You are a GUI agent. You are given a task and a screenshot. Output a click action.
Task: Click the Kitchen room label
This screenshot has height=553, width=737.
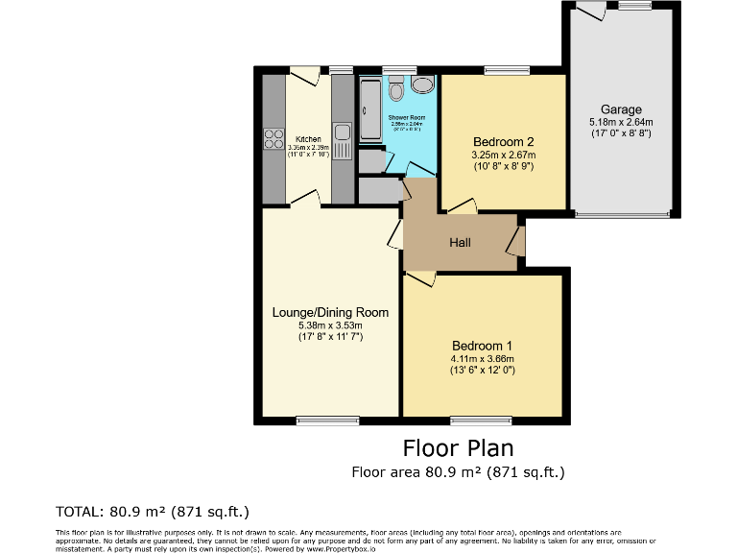coord(308,139)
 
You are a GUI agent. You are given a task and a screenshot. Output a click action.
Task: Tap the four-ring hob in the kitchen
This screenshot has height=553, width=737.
coord(272,138)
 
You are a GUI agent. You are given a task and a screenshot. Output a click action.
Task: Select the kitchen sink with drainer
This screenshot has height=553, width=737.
coord(342,136)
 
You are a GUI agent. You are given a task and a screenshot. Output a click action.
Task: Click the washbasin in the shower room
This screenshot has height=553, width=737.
coord(421,84)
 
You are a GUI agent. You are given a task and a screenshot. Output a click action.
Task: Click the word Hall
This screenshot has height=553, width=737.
coord(460,242)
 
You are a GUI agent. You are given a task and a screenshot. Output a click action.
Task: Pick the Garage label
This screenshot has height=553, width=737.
coord(621,109)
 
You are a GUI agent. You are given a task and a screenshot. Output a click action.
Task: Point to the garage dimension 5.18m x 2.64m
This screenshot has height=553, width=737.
coord(621,122)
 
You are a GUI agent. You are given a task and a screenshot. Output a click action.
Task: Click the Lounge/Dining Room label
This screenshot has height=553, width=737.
coord(330,312)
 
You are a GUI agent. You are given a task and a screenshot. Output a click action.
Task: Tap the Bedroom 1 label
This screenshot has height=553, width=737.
coord(483,346)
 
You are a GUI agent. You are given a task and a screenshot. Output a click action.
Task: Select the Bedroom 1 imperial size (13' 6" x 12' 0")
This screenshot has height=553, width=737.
coord(483,371)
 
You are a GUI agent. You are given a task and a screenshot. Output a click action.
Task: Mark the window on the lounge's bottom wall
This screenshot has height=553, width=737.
coord(326,420)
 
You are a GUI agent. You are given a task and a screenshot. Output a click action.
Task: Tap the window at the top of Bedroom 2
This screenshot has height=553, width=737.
coord(500,70)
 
